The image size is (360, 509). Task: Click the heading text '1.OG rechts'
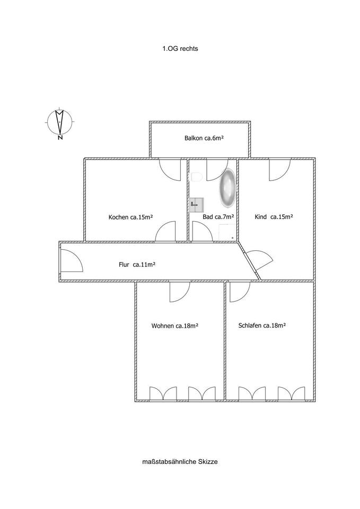click(x=180, y=48)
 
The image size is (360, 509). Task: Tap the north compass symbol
click(x=60, y=122)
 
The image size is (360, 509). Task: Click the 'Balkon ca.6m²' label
click(x=204, y=138)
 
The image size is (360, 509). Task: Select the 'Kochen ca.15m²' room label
click(x=131, y=217)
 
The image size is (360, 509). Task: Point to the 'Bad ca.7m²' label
click(x=218, y=217)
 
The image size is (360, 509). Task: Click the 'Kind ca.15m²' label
click(x=274, y=216)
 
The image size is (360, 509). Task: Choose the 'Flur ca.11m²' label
click(x=137, y=264)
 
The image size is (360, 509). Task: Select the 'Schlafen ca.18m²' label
click(x=262, y=326)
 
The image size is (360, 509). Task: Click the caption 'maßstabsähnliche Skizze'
click(x=180, y=462)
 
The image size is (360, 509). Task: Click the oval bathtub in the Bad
click(x=228, y=188)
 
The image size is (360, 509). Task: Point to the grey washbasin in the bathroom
click(x=196, y=203)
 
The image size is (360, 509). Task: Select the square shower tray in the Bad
click(x=227, y=233)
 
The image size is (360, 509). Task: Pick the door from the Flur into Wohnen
click(x=179, y=291)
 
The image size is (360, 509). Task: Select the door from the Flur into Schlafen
click(x=240, y=291)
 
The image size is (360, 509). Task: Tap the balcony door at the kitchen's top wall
click(x=170, y=169)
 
